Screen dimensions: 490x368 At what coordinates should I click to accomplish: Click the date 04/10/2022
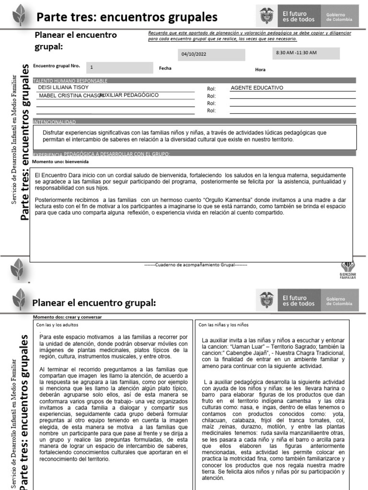pos(194,55)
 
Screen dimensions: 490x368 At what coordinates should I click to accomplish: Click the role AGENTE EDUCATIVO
pos(257,88)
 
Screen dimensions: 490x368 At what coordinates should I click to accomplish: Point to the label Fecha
pos(165,68)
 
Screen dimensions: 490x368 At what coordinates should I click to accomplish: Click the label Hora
pos(260,70)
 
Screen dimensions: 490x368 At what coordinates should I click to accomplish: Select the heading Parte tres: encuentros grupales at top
pos(127,17)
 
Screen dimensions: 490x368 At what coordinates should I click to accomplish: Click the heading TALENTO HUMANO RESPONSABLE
pos(70,81)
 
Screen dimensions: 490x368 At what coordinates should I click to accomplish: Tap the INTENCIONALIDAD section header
pos(54,122)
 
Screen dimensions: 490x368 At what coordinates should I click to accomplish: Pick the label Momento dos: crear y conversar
pos(67,317)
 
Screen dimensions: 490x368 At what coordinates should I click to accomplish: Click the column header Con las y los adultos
pos(58,325)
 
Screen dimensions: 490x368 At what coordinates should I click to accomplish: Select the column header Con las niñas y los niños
pos(224,325)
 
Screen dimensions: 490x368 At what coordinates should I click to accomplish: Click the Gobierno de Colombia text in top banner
pos(339,17)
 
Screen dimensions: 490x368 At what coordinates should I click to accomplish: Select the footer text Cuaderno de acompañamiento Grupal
pos(195,264)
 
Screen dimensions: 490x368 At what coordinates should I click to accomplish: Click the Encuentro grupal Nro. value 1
pos(92,67)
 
